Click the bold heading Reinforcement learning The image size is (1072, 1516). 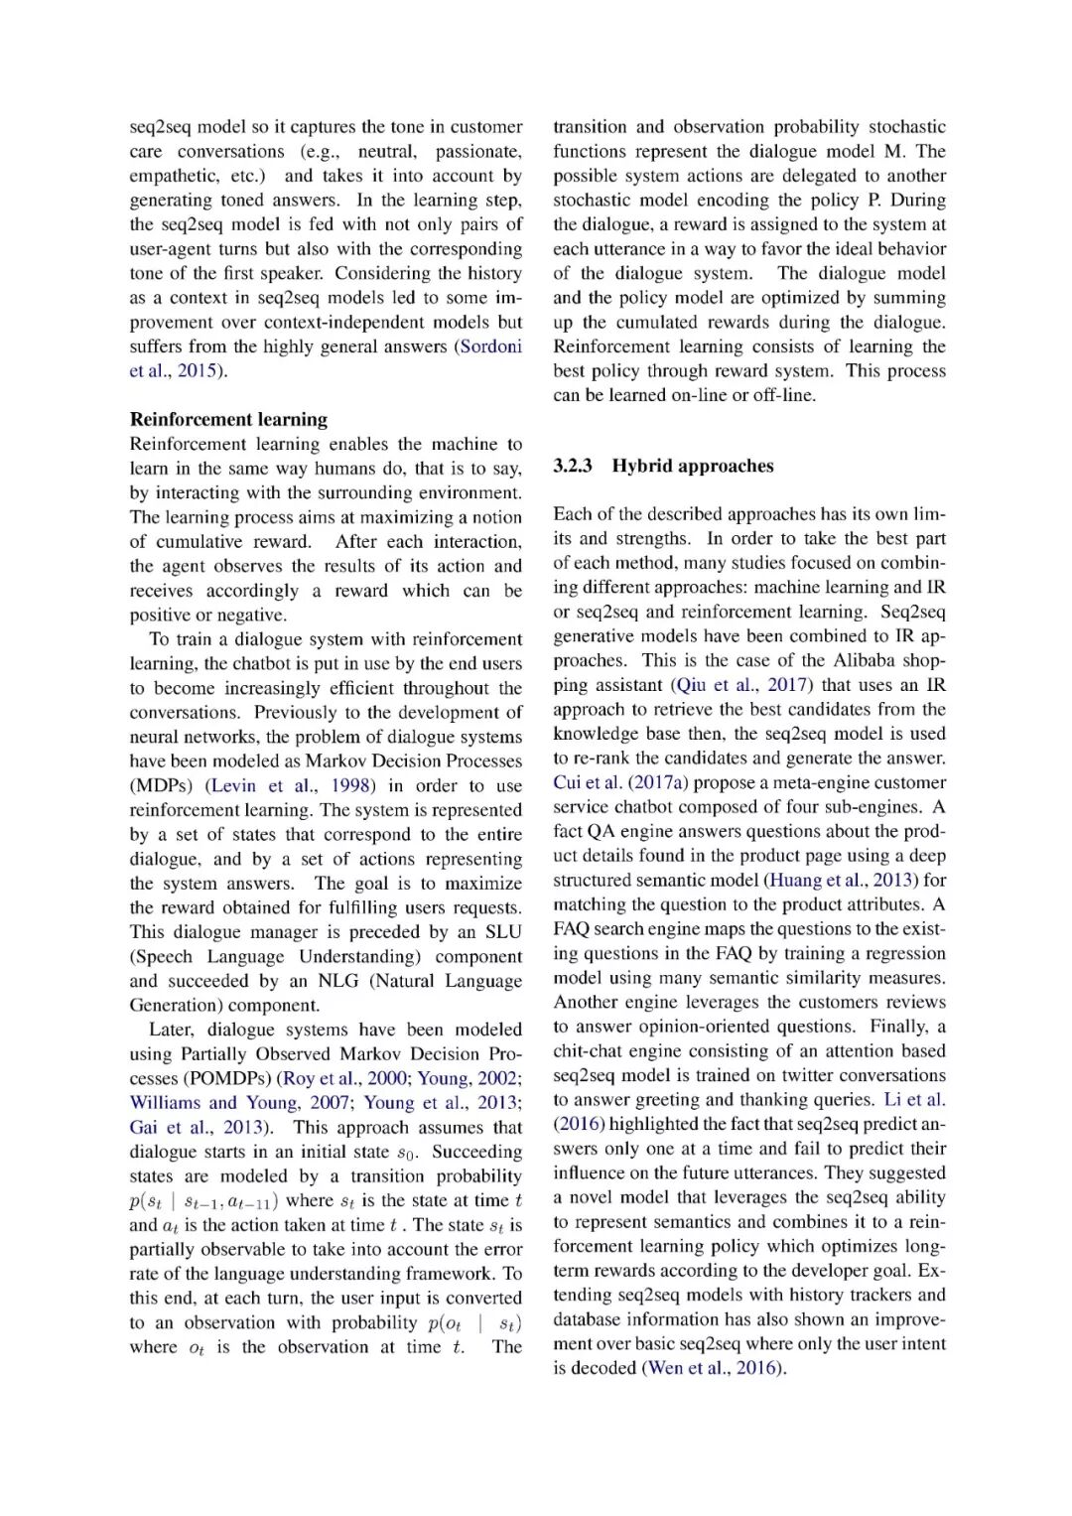pos(228,419)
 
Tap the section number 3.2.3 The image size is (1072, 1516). pos(573,466)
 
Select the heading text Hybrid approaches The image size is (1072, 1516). pos(692,466)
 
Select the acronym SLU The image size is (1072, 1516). pos(502,931)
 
